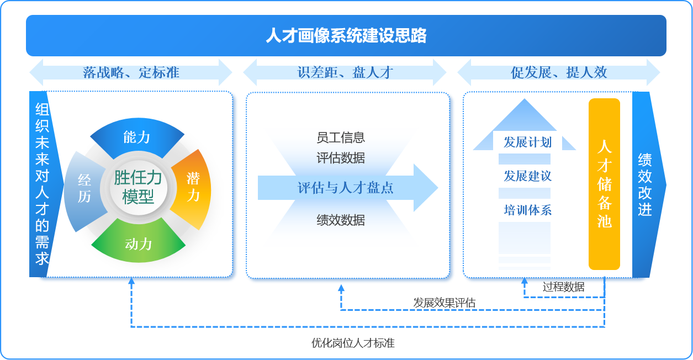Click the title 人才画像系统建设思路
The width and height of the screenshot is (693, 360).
(346, 36)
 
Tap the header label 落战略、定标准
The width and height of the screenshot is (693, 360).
(131, 72)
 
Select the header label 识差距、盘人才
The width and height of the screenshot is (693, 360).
(345, 72)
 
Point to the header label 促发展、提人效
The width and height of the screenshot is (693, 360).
(559, 72)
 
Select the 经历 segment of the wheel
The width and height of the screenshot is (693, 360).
(84, 188)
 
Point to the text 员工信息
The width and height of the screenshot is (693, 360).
(341, 137)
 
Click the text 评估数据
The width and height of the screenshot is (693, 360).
(341, 158)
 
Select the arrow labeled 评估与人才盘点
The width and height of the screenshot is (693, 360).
(346, 188)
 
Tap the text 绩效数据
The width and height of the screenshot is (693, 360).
(341, 220)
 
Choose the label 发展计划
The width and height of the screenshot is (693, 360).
(527, 142)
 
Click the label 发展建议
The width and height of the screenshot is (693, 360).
(527, 177)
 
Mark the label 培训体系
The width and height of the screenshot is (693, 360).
(527, 210)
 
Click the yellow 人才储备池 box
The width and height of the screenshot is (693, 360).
(604, 184)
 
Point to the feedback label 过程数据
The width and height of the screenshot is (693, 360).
(563, 287)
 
